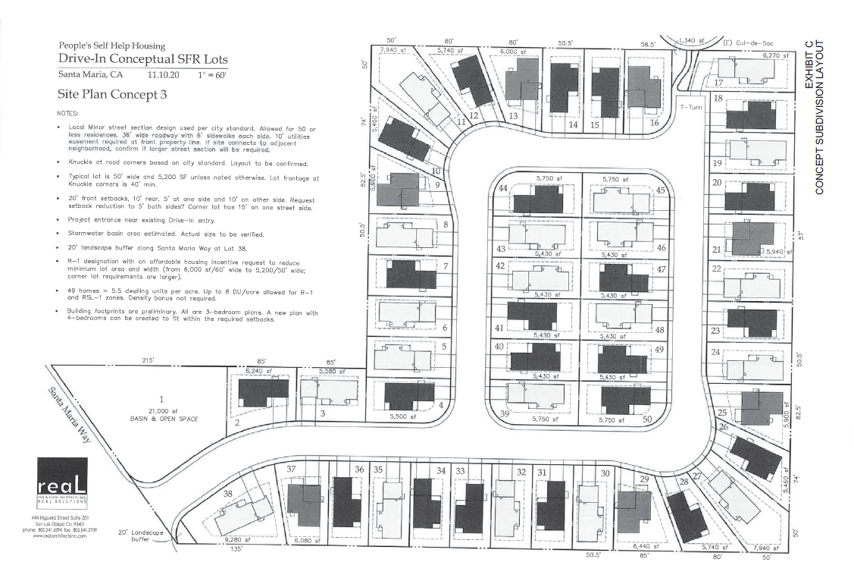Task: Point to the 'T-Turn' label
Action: (692, 107)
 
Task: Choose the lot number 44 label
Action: (502, 189)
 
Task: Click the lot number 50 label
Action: (646, 419)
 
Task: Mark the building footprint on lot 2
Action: (263, 393)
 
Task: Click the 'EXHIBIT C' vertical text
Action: (809, 64)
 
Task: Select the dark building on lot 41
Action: (532, 315)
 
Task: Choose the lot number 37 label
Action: (291, 470)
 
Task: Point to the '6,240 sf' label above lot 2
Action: (258, 372)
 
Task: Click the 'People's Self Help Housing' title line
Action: (111, 46)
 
